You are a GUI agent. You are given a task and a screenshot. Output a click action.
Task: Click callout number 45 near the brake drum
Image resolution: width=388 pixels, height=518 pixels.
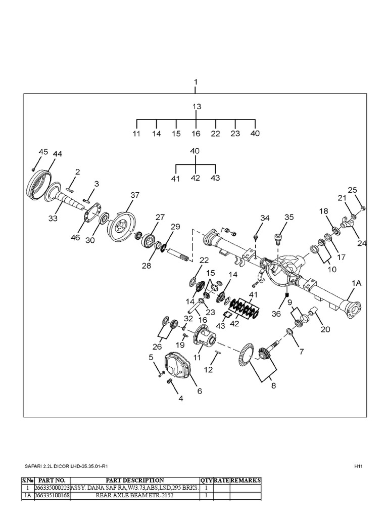coord(43,152)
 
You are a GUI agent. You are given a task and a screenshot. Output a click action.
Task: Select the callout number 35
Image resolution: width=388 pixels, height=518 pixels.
coord(288,217)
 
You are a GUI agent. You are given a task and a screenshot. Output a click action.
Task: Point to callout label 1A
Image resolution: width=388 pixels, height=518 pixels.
coord(357,284)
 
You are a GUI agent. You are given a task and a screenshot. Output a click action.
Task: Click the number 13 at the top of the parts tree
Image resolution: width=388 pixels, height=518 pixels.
coord(197,107)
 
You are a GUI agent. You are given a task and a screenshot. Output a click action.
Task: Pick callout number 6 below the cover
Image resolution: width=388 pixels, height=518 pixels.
coord(199,391)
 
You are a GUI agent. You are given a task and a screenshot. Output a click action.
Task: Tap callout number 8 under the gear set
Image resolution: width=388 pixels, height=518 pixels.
coord(273,385)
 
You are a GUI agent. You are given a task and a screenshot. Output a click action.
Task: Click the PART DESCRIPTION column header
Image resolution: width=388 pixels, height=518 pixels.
coord(134,480)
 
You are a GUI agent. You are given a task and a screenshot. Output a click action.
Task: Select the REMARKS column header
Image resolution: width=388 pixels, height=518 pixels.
coord(246,480)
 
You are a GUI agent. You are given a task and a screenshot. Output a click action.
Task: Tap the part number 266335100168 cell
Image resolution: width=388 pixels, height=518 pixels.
coord(51,496)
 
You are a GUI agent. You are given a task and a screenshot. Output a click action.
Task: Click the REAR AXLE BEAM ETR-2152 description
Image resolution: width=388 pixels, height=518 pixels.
coord(134,496)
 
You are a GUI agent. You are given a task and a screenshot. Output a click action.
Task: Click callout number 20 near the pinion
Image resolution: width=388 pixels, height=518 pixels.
coord(325,329)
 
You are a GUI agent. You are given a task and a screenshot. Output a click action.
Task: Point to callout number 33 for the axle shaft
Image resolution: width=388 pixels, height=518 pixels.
coord(53,219)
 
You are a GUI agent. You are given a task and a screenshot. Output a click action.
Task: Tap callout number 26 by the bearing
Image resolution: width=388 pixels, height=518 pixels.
coord(158,347)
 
